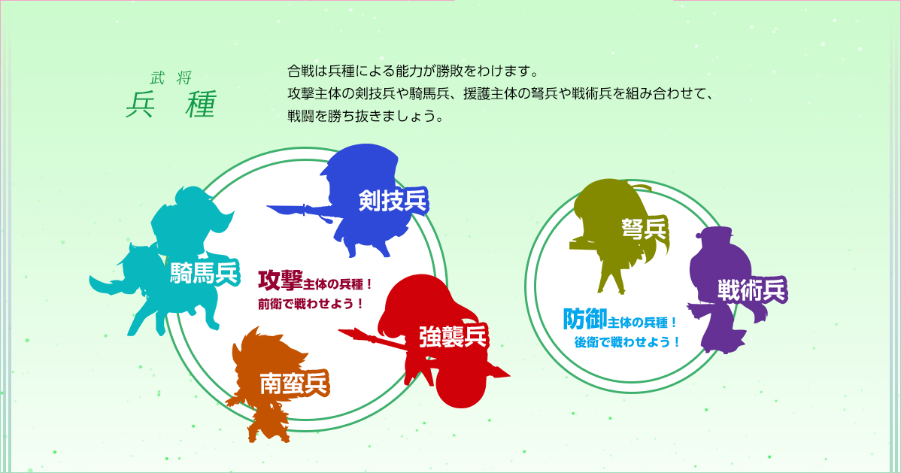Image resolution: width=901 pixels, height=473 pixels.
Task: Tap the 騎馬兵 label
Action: (204, 273)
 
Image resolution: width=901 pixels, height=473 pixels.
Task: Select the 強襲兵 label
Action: (453, 336)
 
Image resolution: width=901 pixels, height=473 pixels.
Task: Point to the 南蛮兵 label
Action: (293, 384)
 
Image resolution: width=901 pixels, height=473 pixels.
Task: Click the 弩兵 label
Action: (644, 229)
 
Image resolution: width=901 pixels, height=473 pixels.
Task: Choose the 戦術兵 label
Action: (751, 291)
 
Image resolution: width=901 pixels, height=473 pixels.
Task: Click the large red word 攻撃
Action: (280, 280)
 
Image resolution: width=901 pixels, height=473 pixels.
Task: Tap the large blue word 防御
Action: (585, 319)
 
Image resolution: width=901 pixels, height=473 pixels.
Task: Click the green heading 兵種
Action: (171, 105)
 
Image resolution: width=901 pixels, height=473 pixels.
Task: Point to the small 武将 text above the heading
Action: (171, 77)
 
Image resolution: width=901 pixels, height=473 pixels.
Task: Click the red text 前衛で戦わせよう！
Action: (311, 304)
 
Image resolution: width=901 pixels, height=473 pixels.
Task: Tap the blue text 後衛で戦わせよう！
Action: (627, 343)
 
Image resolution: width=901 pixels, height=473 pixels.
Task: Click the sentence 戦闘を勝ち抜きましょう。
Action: (366, 116)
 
